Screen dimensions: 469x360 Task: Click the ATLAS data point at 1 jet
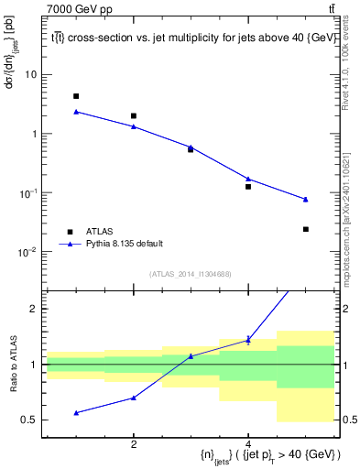click(76, 96)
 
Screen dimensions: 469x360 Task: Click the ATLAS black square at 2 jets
click(134, 116)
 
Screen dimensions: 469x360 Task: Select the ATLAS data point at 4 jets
click(248, 187)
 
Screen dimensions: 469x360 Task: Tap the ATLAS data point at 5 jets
click(306, 229)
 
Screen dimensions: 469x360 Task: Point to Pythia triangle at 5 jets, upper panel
click(306, 199)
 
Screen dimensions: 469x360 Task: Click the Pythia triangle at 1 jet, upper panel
click(76, 112)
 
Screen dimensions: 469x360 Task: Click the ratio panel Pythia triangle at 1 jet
click(76, 412)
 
